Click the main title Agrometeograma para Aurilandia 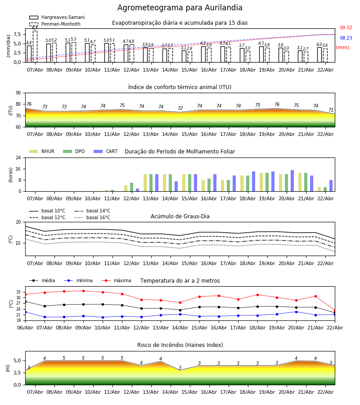(180, 8)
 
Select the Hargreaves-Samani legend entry (57, 17)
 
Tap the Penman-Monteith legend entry (55, 24)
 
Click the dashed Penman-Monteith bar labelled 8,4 (35, 46)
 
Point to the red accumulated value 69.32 (346, 27)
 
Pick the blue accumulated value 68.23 (346, 38)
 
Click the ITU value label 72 (180, 108)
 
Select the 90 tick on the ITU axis (18, 93)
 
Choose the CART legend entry (106, 151)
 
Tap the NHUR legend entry (42, 151)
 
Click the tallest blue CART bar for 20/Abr (292, 181)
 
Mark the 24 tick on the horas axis (18, 157)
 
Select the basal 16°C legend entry (92, 217)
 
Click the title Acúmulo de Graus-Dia (180, 216)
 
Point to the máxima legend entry (117, 280)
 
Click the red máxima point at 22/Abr (335, 310)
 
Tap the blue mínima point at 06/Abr (25, 312)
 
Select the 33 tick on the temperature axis (18, 292)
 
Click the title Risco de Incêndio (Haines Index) (180, 345)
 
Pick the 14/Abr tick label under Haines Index (170, 392)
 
